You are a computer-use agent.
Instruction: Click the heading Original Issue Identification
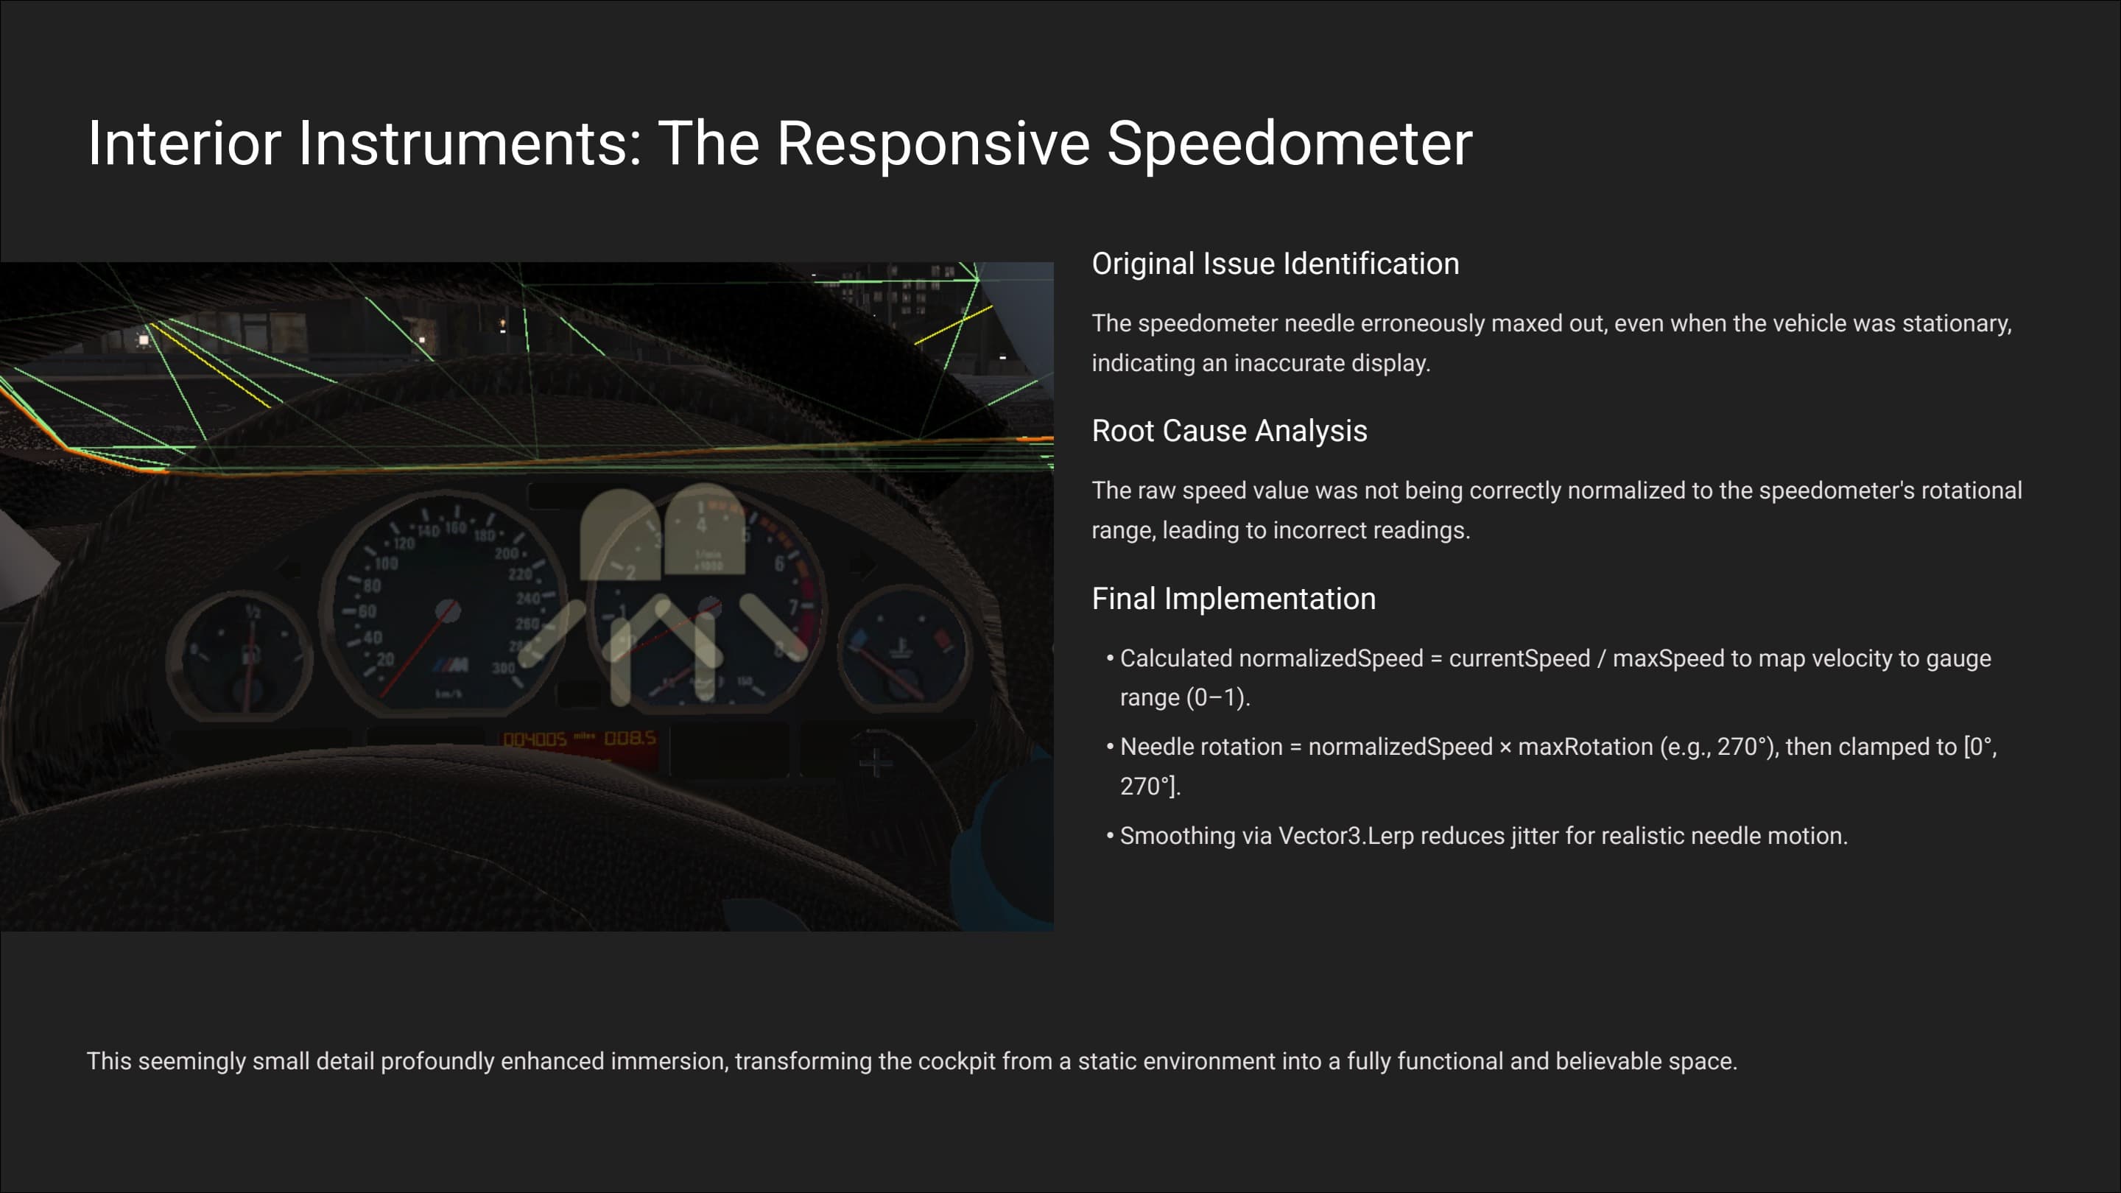tap(1275, 264)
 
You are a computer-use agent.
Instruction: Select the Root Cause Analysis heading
tap(1228, 431)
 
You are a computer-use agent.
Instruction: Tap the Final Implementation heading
tap(1233, 599)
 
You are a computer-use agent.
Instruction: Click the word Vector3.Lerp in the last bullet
tap(1346, 836)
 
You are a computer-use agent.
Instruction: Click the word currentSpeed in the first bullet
tap(1519, 658)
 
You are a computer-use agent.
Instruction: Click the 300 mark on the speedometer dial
tap(503, 668)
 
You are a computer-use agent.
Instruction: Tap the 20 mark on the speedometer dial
tap(385, 660)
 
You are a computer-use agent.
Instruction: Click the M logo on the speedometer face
tap(451, 664)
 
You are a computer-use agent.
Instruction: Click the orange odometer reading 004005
tap(535, 739)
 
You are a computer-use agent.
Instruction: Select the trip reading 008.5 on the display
tap(630, 738)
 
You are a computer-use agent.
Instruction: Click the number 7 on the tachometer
tap(793, 608)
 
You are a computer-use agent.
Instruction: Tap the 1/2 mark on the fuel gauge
tap(253, 611)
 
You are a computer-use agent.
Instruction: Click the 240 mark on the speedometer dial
tap(527, 599)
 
